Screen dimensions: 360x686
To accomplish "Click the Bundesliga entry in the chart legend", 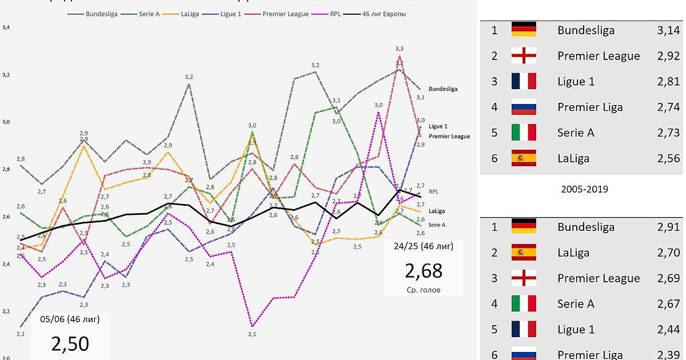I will coord(102,14).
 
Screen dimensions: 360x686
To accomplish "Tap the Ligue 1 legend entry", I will coord(230,14).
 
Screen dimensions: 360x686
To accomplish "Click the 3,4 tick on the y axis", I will coord(6,27).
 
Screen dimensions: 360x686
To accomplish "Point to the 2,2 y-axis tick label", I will coord(6,311).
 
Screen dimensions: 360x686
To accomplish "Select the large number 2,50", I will coord(70,343).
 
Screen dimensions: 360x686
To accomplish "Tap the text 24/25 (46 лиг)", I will coord(424,247).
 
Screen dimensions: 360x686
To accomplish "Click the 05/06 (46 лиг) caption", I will coord(70,319).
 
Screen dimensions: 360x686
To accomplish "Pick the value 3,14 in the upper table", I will coord(668,30).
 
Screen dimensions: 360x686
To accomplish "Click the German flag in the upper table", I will coord(524,30).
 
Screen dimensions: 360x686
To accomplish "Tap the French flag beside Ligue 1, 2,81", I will coord(524,81).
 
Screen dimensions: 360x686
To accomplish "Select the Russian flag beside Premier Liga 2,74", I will coord(524,107).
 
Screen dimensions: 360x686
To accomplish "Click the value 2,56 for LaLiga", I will coord(668,158).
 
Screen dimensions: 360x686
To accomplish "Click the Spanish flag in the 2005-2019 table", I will coord(524,253).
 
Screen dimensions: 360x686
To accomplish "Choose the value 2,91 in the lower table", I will coord(668,227).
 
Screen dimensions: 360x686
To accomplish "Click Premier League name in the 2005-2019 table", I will coord(599,278).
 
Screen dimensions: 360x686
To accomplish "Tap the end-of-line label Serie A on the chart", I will coord(437,225).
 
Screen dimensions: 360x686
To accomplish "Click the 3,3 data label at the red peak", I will coord(399,49).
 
